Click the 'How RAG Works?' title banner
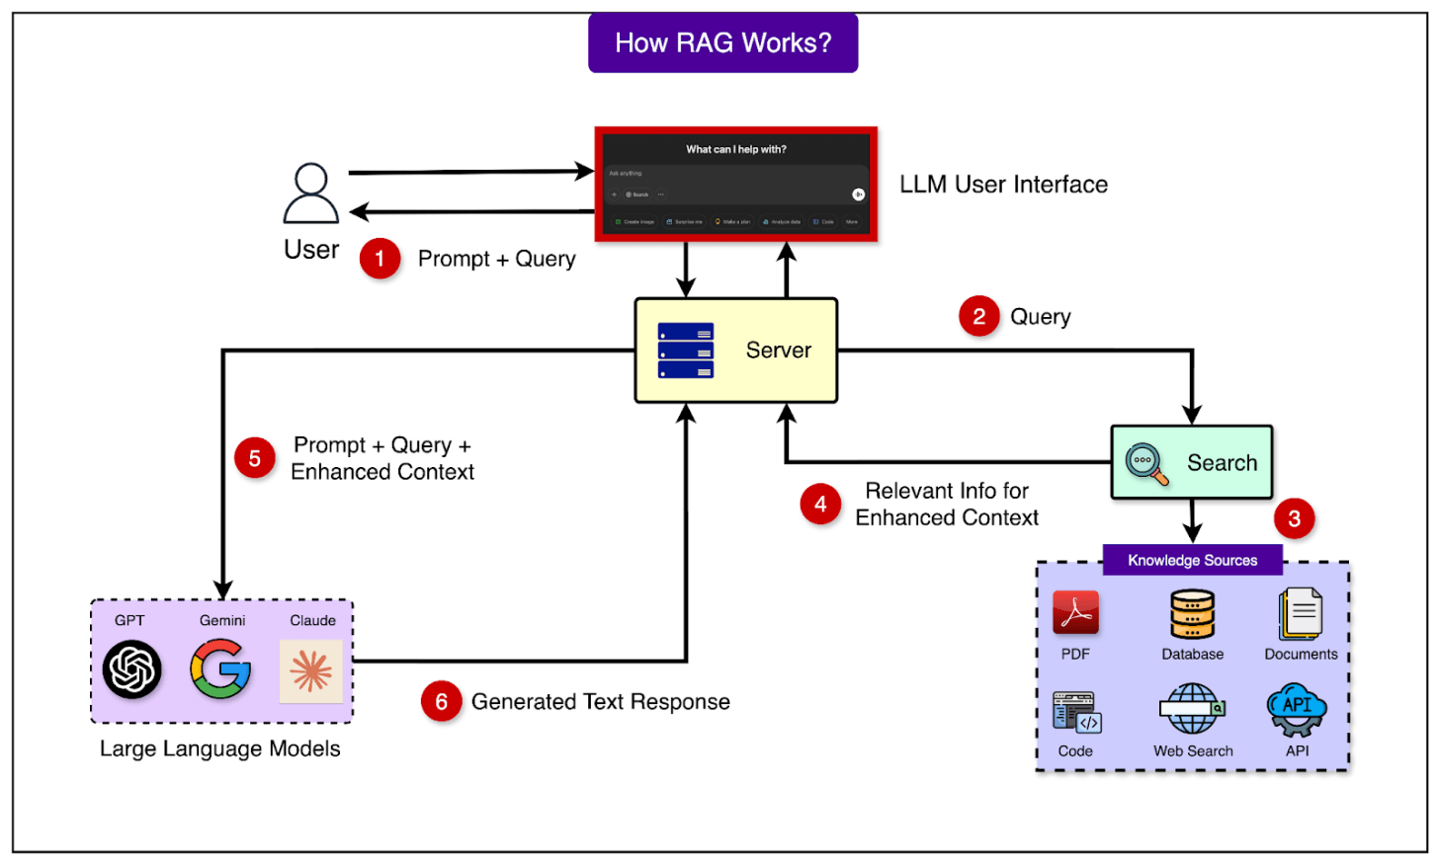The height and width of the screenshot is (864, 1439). coord(722,43)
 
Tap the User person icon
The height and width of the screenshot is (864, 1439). coord(311,194)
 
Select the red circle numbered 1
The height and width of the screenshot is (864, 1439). coord(380,259)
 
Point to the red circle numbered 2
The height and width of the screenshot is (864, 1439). coord(978,316)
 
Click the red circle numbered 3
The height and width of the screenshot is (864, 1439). coord(1294,517)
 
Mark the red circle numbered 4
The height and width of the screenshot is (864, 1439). coord(820,505)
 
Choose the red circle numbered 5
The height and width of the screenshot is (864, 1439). coord(255,458)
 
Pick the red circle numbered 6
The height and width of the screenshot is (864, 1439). coord(441,702)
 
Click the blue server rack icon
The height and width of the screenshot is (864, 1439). coord(686,351)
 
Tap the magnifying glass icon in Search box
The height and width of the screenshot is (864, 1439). coord(1146,463)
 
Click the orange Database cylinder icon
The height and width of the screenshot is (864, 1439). coord(1192,614)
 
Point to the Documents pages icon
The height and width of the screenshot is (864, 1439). coord(1300,614)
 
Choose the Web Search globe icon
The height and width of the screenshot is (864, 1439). coord(1192,709)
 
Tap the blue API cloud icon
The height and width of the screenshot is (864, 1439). coord(1297,709)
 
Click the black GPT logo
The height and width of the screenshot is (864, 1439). coord(131,669)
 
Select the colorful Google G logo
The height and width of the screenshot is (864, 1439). coord(221,669)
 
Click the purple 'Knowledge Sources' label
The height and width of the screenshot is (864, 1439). coord(1192,560)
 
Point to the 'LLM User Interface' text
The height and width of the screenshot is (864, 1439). coord(1003,185)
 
